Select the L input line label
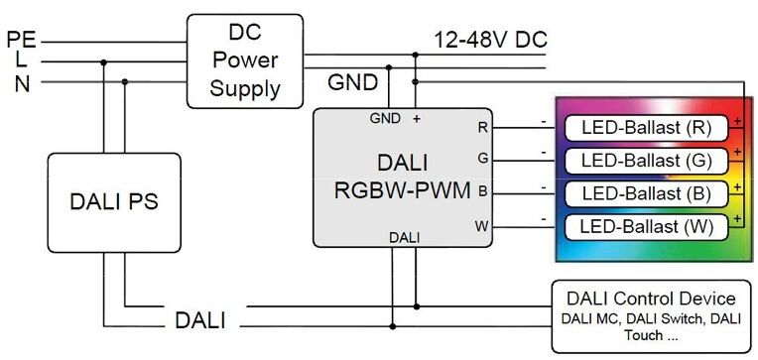click(x=20, y=61)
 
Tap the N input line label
click(x=21, y=83)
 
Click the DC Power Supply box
click(x=245, y=61)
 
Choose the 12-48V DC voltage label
click(x=490, y=40)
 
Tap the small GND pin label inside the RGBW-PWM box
click(x=384, y=118)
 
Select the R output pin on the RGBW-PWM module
click(x=483, y=128)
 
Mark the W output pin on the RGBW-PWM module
click(x=482, y=226)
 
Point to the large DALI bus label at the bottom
click(x=199, y=320)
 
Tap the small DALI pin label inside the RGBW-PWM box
click(x=403, y=237)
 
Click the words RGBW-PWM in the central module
click(x=403, y=190)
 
